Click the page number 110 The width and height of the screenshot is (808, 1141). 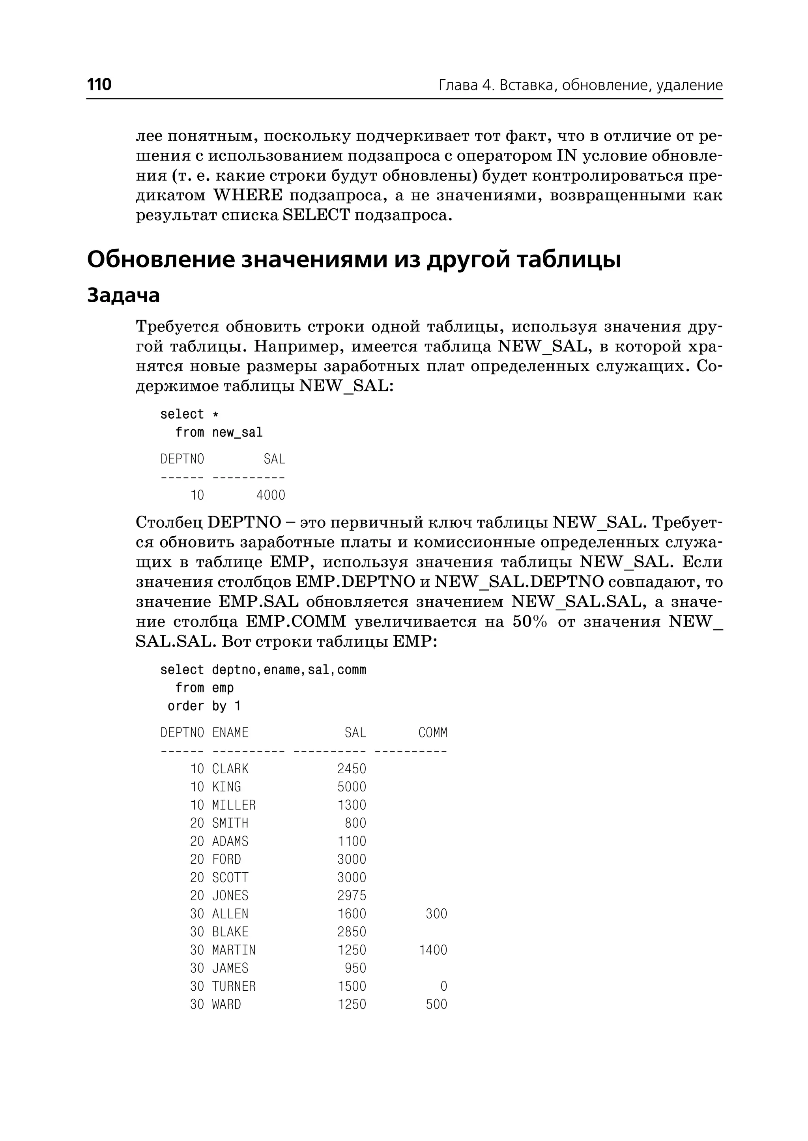pos(99,84)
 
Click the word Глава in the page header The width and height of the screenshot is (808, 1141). pos(458,86)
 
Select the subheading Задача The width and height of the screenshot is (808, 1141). pos(123,295)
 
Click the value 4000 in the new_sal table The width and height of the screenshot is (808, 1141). pos(271,495)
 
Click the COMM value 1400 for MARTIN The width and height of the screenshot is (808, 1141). pos(433,950)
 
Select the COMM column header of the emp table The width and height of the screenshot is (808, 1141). pos(432,733)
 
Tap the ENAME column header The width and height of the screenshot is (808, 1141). pos(230,733)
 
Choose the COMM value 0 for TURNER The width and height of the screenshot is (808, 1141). pos(443,986)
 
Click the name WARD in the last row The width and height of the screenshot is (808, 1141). pos(226,1004)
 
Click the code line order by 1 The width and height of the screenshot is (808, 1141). pos(204,706)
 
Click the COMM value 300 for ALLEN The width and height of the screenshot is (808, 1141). pos(436,914)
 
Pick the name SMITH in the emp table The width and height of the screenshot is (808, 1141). pos(230,823)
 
